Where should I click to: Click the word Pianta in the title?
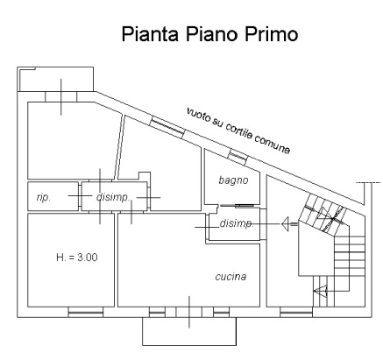pyautogui.click(x=150, y=34)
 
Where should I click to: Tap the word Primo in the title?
pyautogui.click(x=271, y=34)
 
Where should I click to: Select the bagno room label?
pyautogui.click(x=233, y=180)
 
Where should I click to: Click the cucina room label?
pyautogui.click(x=231, y=277)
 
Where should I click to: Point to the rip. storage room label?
pyautogui.click(x=44, y=198)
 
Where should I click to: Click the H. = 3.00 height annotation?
pyautogui.click(x=77, y=258)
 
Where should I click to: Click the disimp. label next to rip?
pyautogui.click(x=113, y=197)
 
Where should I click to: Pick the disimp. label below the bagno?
pyautogui.click(x=237, y=223)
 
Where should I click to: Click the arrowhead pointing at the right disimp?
pyautogui.click(x=286, y=224)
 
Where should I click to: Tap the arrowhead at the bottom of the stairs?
pyautogui.click(x=320, y=291)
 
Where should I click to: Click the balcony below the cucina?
pyautogui.click(x=189, y=331)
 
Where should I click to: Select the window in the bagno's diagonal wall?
pyautogui.click(x=238, y=156)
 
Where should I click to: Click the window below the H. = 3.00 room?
pyautogui.click(x=86, y=313)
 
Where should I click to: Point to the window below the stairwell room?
pyautogui.click(x=296, y=313)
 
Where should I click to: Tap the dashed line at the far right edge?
pyautogui.click(x=369, y=183)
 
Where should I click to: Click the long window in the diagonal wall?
pyautogui.click(x=167, y=126)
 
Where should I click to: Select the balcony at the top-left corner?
pyautogui.click(x=55, y=79)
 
